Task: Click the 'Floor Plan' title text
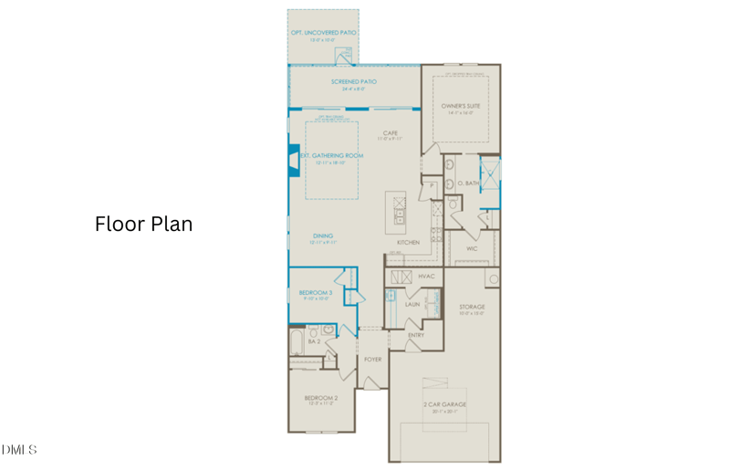pos(143,224)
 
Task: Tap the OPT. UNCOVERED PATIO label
pos(323,33)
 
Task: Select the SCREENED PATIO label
pos(353,81)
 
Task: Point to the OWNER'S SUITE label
pos(461,106)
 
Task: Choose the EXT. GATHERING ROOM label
pos(332,156)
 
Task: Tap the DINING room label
pos(323,236)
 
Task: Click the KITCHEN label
pos(408,242)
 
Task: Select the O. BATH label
pos(468,183)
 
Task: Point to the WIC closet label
pos(472,247)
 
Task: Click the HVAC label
pos(426,275)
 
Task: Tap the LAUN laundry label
pos(412,304)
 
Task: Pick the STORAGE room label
pos(472,307)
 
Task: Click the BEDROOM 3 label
pos(316,292)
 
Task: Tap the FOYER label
pos(372,359)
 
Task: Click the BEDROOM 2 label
pos(321,398)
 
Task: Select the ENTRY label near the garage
pos(416,335)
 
